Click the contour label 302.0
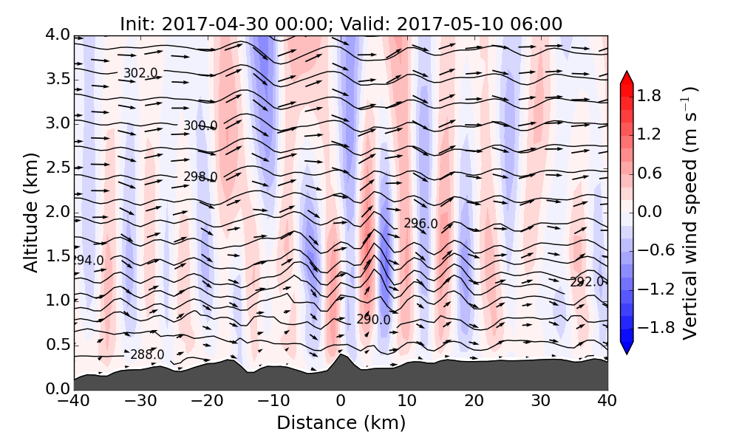coord(140,73)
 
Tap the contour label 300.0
coord(200,126)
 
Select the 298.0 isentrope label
coord(200,176)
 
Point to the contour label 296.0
coord(420,223)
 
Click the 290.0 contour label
coord(373,319)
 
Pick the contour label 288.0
coord(147,355)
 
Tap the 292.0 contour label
coord(587,281)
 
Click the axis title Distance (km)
coord(341,423)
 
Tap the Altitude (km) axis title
coord(30,212)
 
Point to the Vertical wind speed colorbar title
coord(689,212)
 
